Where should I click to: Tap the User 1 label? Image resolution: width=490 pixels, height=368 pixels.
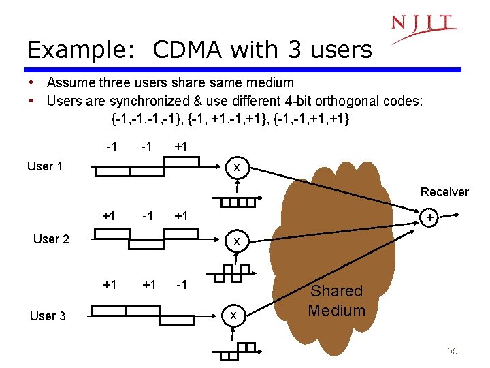tap(45, 166)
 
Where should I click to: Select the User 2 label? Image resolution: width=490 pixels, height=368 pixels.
tap(51, 239)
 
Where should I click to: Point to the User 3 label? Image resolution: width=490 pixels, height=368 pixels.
tap(48, 316)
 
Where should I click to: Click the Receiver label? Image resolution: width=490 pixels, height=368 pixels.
tap(444, 192)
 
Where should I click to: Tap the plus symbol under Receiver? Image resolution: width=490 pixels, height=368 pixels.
tap(429, 218)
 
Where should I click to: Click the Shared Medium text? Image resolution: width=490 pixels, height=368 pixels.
tap(336, 301)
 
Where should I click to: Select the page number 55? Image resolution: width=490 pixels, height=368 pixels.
tap(453, 351)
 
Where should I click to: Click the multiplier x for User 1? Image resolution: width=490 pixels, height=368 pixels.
tap(236, 168)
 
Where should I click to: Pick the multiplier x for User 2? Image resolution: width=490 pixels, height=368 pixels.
tap(236, 241)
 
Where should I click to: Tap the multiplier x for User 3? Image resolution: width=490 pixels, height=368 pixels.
tap(233, 315)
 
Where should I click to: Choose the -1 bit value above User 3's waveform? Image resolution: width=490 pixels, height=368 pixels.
tap(182, 284)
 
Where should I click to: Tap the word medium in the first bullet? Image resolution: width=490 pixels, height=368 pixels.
tap(269, 83)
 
